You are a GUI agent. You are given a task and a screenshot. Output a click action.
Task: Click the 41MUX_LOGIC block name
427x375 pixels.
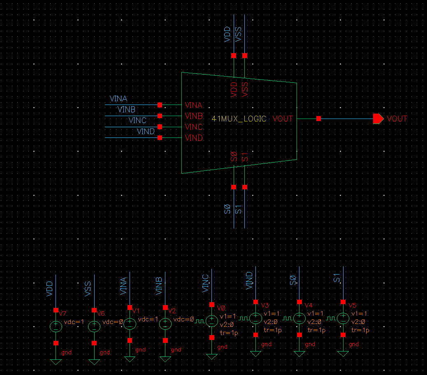point(239,119)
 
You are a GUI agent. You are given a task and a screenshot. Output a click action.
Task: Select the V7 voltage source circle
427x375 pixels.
point(56,326)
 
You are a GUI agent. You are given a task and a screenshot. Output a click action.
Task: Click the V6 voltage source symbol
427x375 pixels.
point(94,326)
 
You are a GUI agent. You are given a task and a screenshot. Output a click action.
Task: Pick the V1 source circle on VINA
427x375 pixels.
point(130,324)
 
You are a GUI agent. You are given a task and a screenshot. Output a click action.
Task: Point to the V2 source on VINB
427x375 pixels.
point(165,324)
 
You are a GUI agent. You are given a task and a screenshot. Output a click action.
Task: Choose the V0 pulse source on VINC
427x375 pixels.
point(212,321)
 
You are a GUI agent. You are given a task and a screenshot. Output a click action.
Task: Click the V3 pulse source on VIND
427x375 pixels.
point(255,318)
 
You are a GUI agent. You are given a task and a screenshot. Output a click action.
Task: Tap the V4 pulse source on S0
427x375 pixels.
point(299,318)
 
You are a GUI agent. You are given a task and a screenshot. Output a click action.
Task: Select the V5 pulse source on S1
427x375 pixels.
point(343,318)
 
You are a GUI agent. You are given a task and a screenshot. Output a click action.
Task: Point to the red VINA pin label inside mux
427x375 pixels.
point(194,105)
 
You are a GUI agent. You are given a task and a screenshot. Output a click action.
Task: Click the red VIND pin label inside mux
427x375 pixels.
point(194,138)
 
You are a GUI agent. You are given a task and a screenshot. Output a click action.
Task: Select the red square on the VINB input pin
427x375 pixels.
point(160,116)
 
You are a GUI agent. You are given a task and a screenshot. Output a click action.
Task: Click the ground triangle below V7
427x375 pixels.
point(56,361)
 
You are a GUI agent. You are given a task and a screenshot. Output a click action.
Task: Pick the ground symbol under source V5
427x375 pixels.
point(343,354)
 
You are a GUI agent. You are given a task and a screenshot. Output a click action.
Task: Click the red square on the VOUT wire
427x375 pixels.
point(319,119)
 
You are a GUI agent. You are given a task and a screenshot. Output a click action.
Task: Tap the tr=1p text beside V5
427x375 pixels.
point(360,330)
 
